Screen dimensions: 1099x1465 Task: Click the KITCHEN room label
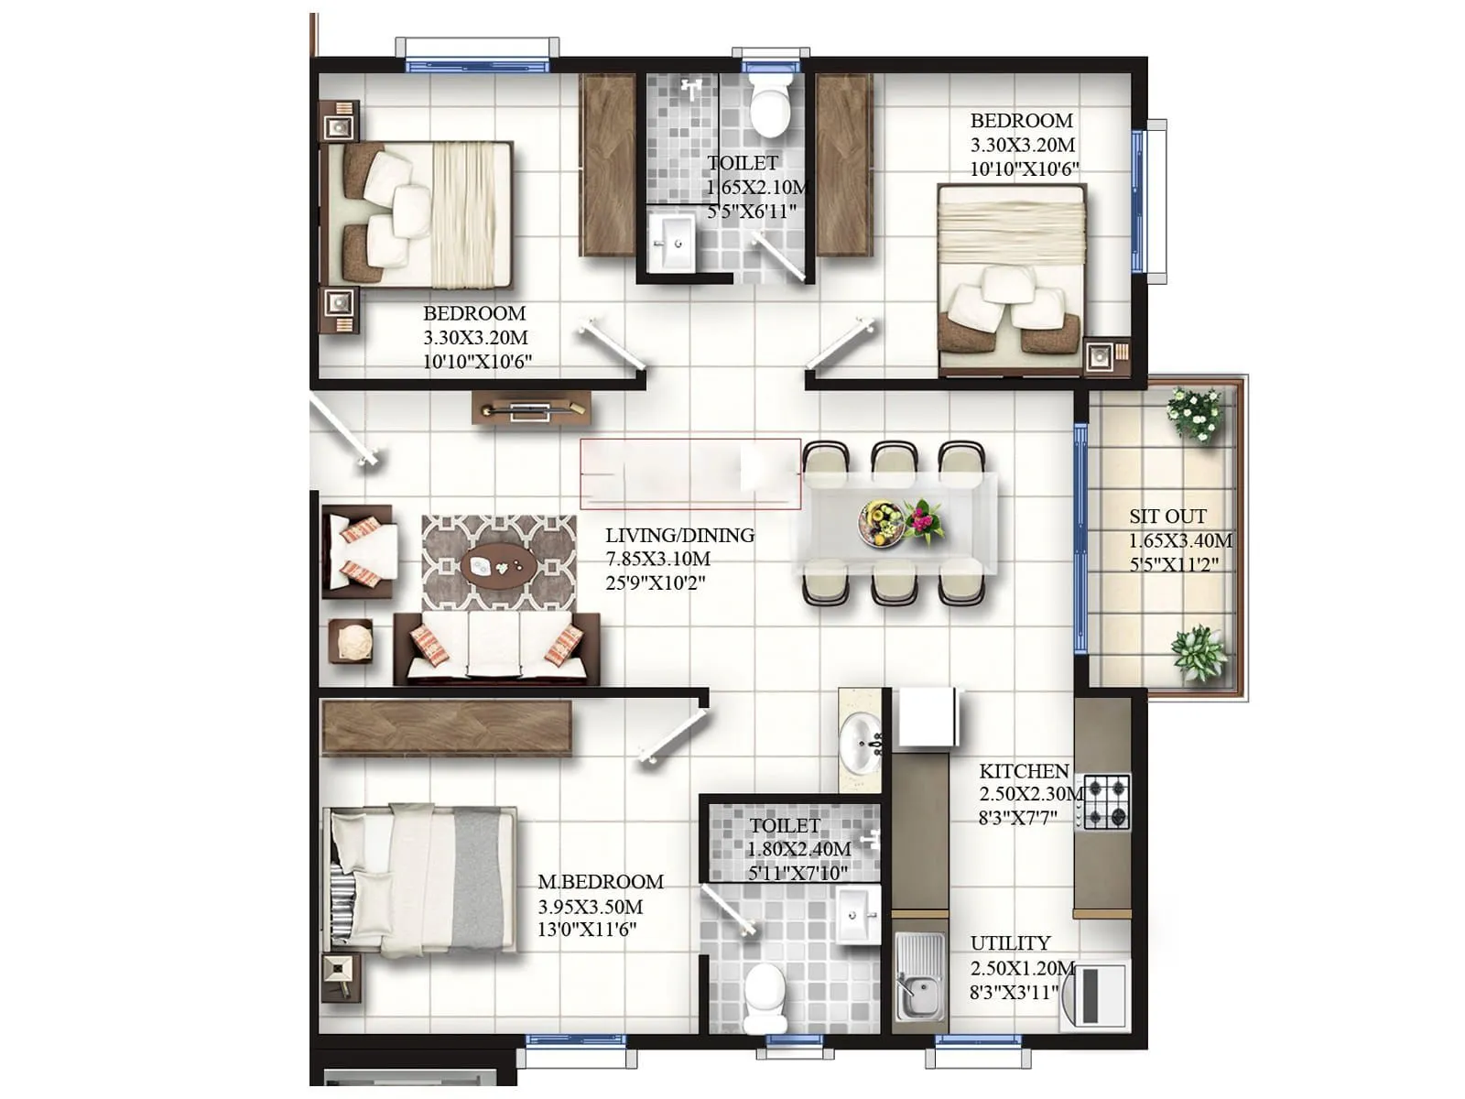1023,771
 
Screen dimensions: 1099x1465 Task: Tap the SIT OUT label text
1167,517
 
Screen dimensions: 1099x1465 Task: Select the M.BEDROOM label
600,882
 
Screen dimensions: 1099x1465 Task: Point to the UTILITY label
1010,943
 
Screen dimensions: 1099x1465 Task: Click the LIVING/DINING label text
679,536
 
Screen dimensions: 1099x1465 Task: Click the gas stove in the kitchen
1106,802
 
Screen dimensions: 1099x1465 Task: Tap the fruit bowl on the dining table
881,523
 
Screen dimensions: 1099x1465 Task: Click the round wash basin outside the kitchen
860,742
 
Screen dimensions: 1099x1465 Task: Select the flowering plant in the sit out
1195,414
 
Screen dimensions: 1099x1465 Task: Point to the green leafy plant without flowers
1198,653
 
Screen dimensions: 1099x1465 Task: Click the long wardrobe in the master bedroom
447,728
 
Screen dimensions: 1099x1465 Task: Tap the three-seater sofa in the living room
496,648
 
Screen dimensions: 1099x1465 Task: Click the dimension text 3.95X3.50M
590,907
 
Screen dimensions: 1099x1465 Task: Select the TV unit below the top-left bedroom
531,408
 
